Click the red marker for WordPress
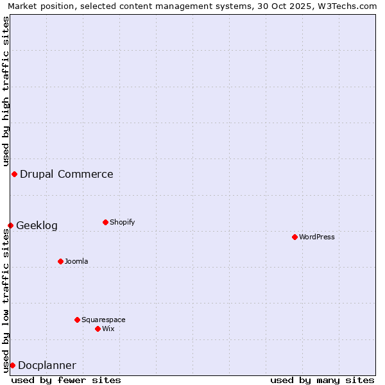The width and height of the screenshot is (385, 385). click(295, 237)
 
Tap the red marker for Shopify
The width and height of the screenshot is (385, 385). click(105, 222)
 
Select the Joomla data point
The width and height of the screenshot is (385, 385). click(60, 261)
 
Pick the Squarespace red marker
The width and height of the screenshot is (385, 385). click(77, 320)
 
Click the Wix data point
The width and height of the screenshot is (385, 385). click(98, 329)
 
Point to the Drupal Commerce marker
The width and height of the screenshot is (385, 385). click(14, 174)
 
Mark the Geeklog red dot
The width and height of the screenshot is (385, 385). click(10, 225)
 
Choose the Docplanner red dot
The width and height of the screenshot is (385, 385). click(12, 365)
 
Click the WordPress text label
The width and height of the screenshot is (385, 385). click(317, 237)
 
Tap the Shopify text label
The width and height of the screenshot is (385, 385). click(123, 222)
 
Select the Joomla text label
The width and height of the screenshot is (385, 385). click(76, 261)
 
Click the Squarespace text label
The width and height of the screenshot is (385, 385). click(103, 320)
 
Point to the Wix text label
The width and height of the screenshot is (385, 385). click(108, 329)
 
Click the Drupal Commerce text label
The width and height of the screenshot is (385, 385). click(67, 174)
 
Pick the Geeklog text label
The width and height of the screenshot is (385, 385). click(37, 225)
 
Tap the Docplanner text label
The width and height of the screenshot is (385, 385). click(47, 365)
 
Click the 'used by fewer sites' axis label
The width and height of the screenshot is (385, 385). click(66, 380)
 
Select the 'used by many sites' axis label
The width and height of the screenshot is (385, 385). click(322, 380)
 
